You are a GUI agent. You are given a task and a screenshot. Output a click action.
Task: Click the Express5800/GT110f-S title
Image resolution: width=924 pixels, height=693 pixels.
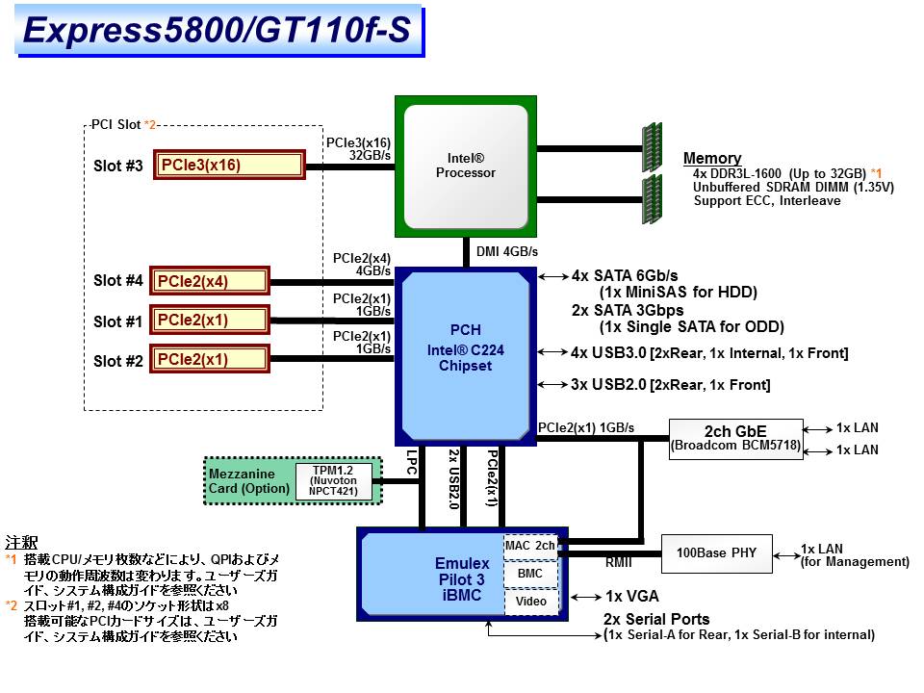coord(217,30)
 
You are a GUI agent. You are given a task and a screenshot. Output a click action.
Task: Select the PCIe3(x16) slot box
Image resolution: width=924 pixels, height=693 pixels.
coord(229,165)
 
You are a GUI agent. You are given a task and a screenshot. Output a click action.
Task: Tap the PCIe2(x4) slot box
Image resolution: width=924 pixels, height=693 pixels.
coord(209,280)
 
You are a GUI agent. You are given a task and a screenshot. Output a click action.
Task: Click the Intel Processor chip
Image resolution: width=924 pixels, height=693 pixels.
coord(466,167)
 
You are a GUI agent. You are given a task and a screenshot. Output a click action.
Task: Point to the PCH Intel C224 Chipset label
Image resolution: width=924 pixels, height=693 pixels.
coord(466,347)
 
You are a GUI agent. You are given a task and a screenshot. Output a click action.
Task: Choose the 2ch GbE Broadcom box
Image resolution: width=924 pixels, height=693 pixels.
coord(736,439)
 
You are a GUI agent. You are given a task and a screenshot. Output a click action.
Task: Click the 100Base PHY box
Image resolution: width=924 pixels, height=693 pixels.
coord(716,553)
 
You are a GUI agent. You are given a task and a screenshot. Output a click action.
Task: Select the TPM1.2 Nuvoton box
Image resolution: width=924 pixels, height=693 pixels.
coord(334,481)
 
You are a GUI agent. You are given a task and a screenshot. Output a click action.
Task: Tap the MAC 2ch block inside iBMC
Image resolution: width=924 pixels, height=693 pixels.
coord(530,546)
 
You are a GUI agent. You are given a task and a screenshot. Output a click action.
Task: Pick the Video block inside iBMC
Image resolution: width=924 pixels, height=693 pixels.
coord(531,602)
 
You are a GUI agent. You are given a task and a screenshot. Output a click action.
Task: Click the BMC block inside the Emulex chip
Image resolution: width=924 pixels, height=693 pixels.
coord(530,574)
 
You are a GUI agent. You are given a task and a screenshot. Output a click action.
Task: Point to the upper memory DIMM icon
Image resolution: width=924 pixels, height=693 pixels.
coord(652,147)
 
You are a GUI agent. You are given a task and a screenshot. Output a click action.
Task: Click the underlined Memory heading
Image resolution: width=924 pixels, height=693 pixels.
coord(712,158)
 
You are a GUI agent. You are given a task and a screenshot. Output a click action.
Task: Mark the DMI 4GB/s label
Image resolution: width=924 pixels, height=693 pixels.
coord(507,251)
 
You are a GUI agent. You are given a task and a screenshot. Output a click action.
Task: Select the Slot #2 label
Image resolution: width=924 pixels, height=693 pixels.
coord(117,361)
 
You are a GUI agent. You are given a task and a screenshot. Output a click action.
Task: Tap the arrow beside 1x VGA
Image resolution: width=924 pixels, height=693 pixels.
coord(586,597)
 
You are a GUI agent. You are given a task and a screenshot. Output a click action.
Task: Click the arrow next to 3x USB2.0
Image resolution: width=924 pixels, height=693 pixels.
coord(552,385)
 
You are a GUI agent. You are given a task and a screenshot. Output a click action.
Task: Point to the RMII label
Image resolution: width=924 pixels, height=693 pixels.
coord(618,563)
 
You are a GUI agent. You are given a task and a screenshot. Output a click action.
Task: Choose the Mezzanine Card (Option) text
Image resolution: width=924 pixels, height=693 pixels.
coord(249,481)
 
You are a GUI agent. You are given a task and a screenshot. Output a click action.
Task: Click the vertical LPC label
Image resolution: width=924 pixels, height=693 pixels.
coord(412,463)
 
